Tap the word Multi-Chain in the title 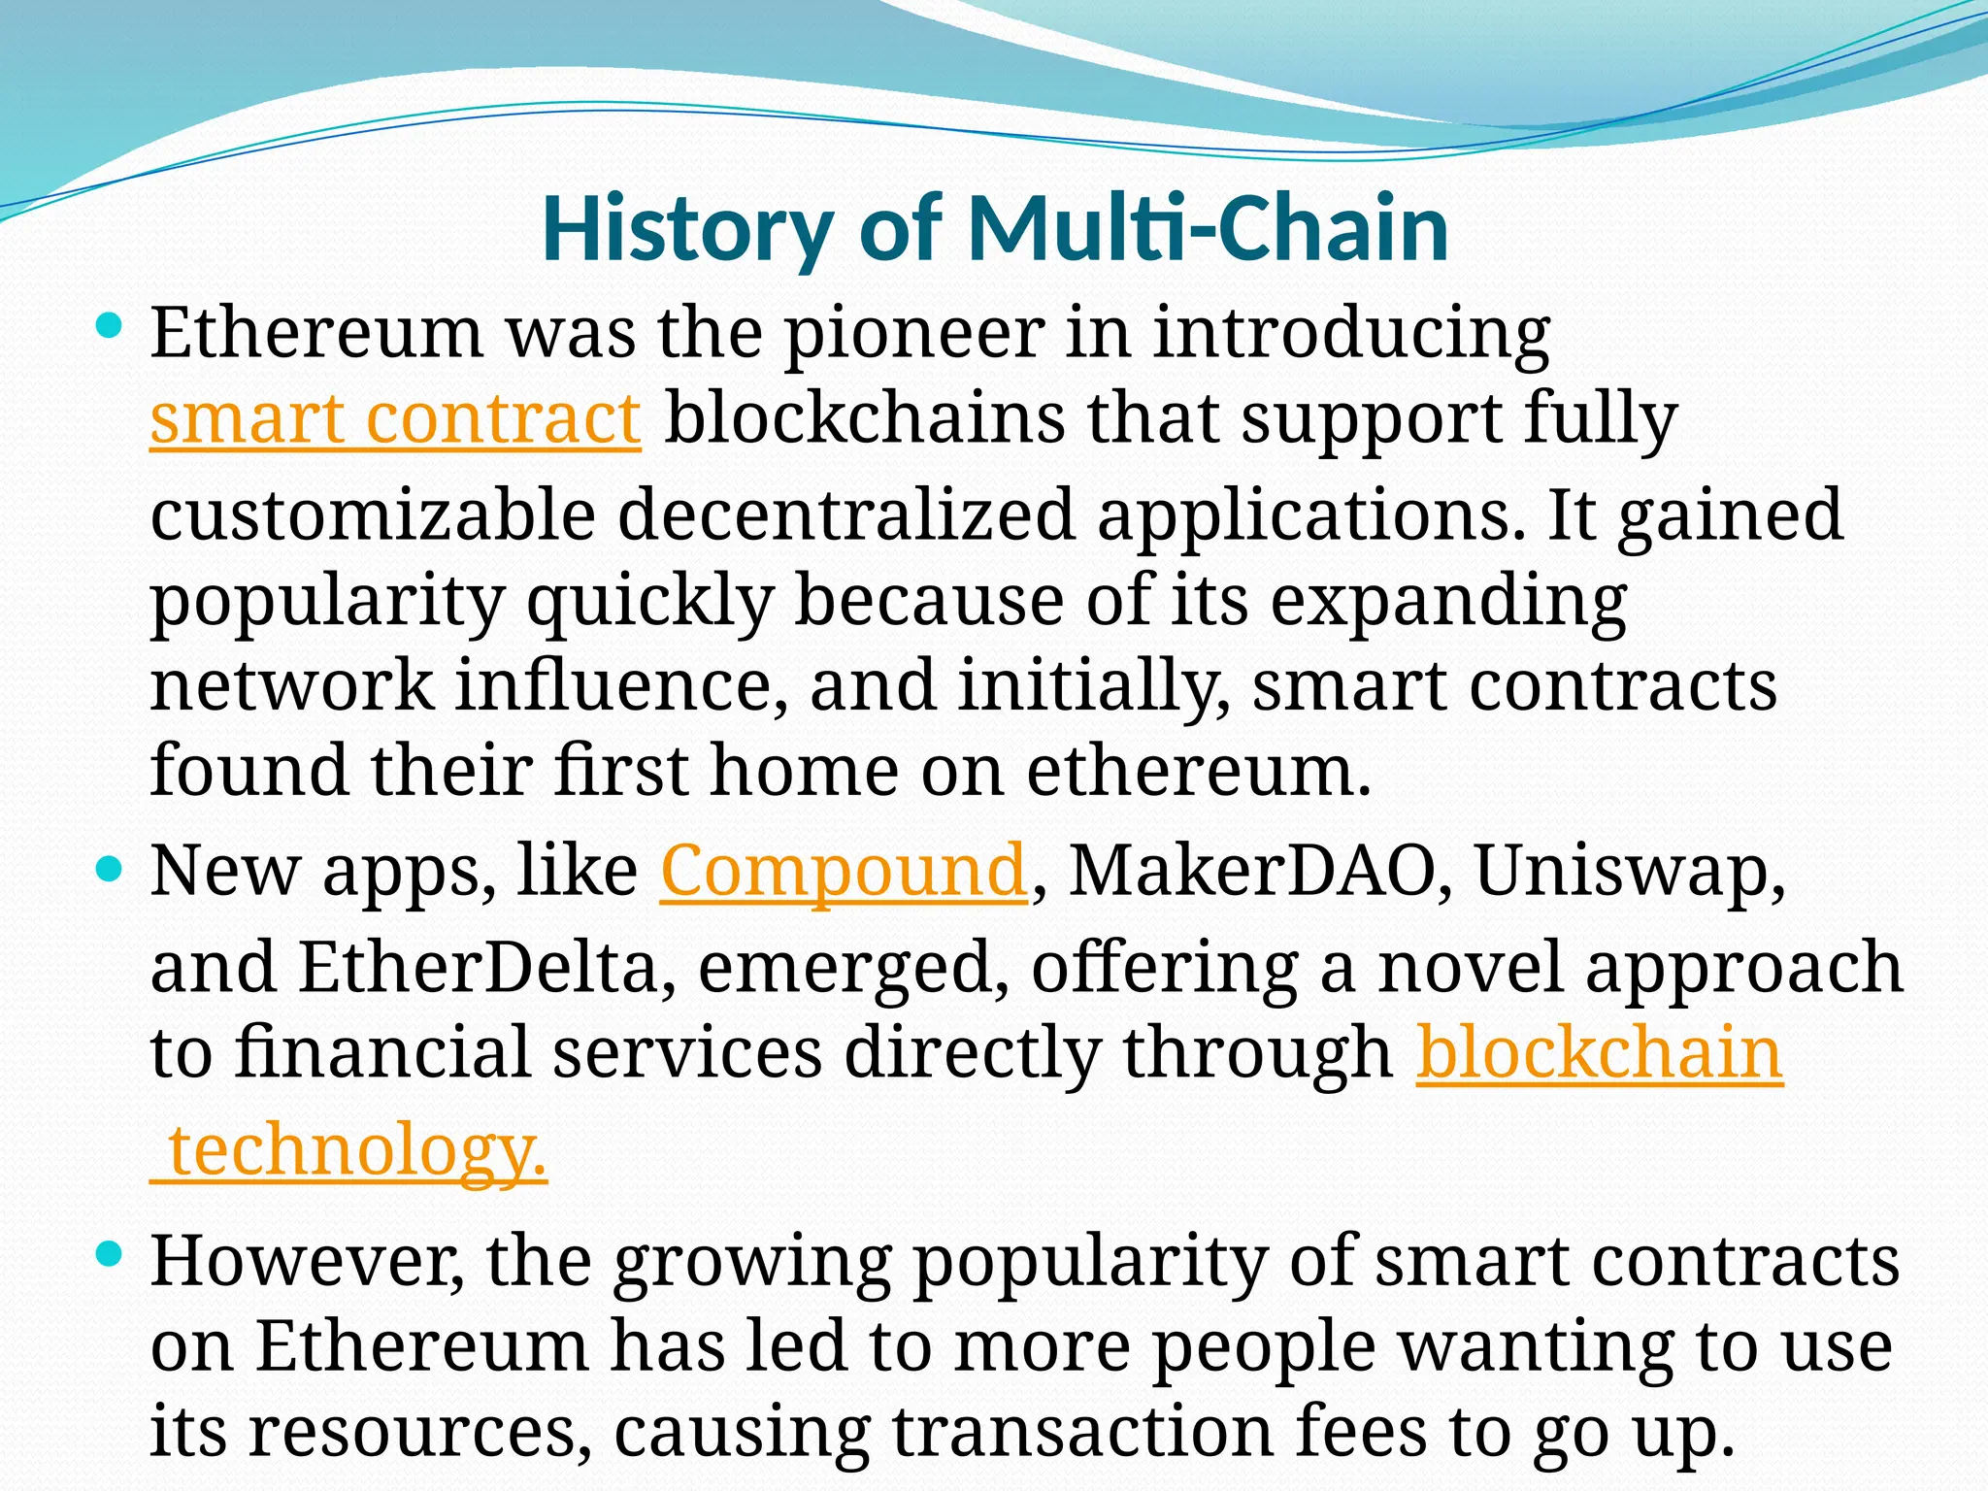click(1208, 229)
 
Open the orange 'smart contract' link click(395, 418)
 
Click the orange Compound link click(844, 871)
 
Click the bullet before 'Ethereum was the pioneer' click(110, 325)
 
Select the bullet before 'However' click(110, 1253)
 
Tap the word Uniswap click(1629, 871)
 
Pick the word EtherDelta click(478, 968)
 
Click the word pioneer click(912, 333)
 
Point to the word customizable click(373, 514)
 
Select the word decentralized click(845, 514)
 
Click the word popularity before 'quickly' click(327, 600)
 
